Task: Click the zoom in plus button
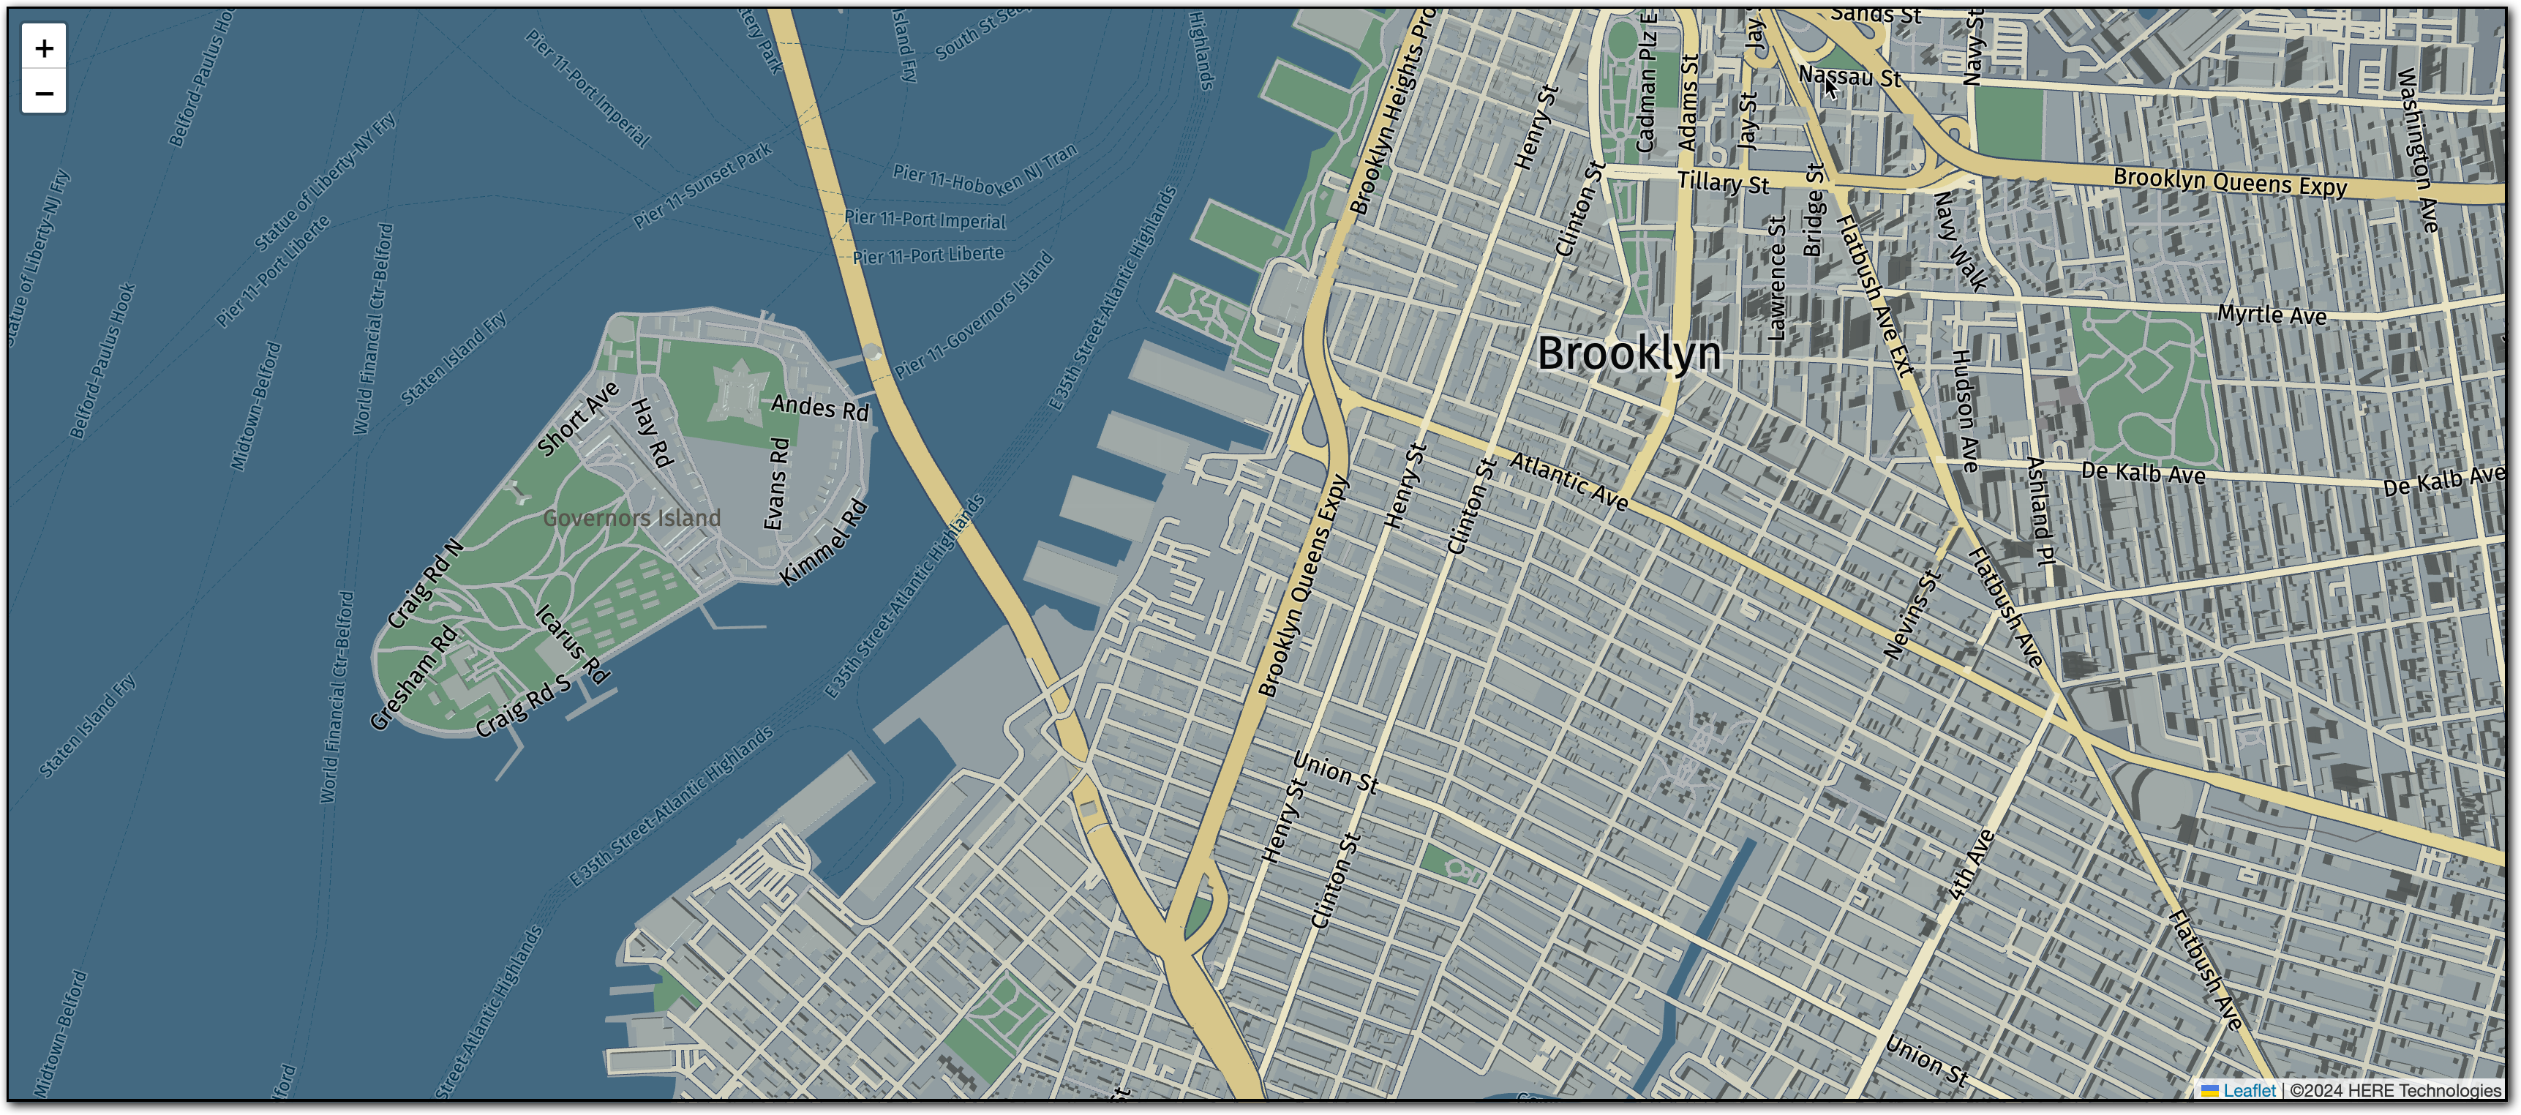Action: click(44, 47)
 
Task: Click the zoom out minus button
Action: click(44, 93)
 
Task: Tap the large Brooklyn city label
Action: click(1628, 353)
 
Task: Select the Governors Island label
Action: click(631, 518)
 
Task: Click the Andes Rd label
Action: click(820, 408)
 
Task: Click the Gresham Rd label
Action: click(413, 677)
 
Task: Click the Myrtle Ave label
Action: click(2272, 315)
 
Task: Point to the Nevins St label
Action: click(1910, 615)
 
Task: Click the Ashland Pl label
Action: click(2040, 510)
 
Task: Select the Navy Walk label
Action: click(1960, 241)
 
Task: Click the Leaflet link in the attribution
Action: click(2248, 1089)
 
